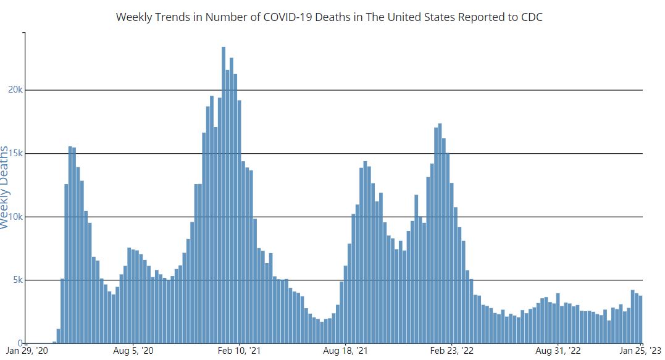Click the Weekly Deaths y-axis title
(6, 187)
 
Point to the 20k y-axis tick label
(15, 90)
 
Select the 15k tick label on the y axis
(15, 154)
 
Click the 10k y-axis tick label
(15, 217)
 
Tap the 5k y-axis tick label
(17, 280)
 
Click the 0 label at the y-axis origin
(20, 343)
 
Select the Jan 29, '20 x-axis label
(27, 351)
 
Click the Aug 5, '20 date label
(133, 351)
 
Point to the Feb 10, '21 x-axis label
(240, 351)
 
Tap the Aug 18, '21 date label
(346, 351)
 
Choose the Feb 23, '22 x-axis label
(452, 351)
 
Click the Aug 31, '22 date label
(558, 351)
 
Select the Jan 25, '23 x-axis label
(641, 351)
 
